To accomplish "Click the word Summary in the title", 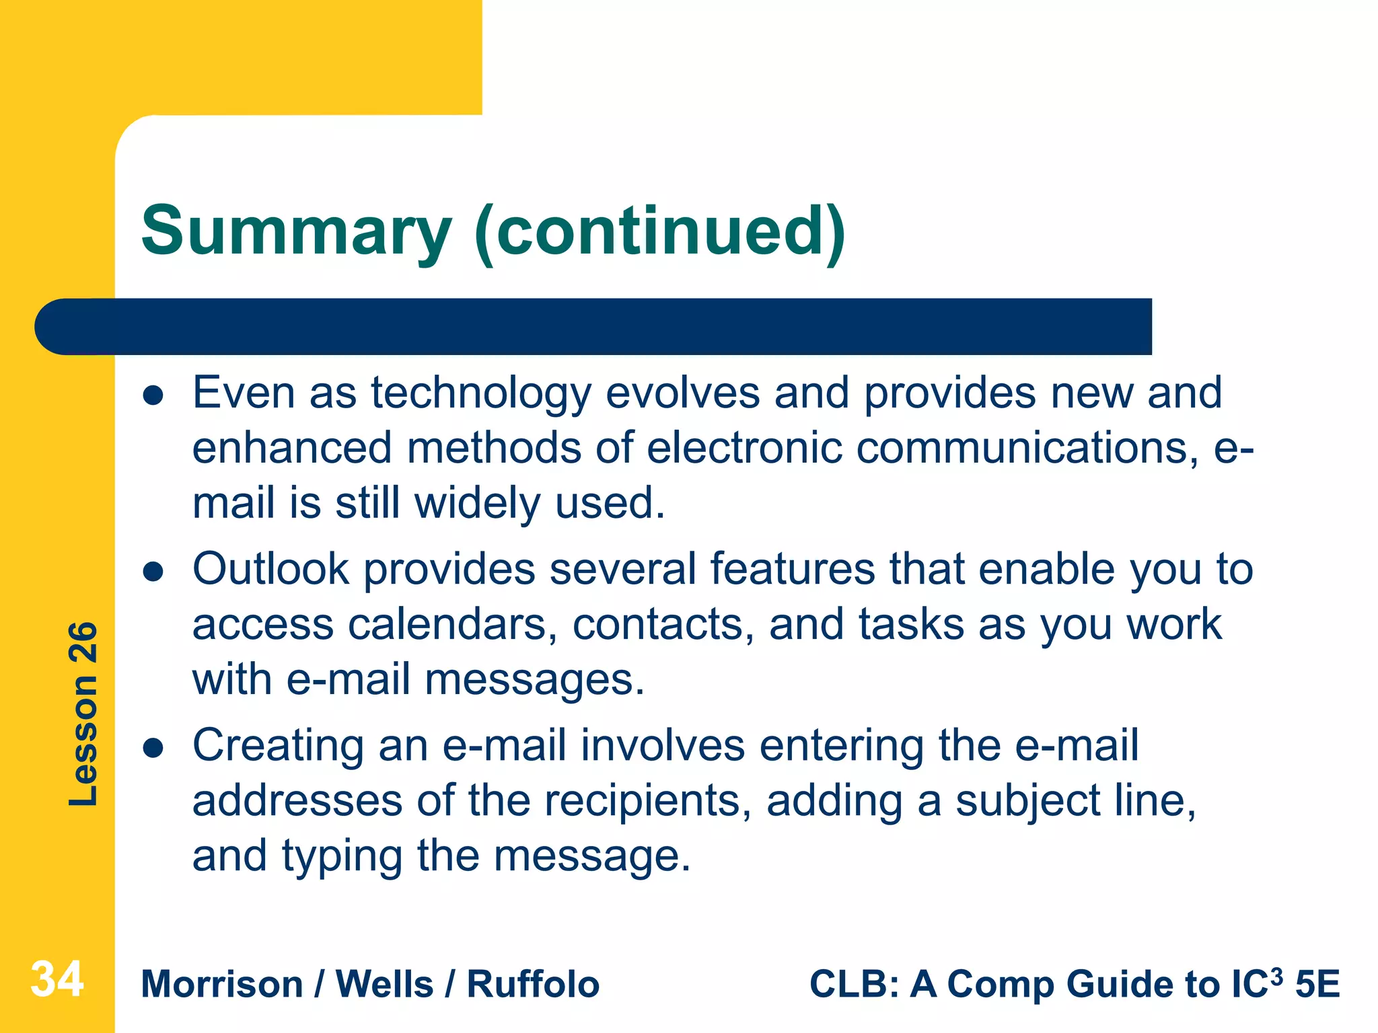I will click(x=296, y=232).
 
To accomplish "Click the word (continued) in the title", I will click(x=659, y=232).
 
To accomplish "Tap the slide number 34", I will click(x=57, y=979).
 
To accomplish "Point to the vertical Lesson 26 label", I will click(x=83, y=714).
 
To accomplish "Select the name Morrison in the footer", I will click(x=222, y=985).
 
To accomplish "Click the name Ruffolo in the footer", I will click(x=533, y=985).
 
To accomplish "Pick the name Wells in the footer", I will click(x=384, y=985).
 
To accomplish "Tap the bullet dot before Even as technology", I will click(x=154, y=396).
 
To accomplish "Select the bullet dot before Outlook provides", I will click(x=154, y=572).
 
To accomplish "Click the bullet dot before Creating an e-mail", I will click(x=154, y=749).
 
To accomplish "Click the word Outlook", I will click(x=270, y=570).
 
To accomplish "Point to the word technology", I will click(x=480, y=394).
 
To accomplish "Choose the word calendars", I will click(x=452, y=625).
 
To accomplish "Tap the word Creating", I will click(x=278, y=747).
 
